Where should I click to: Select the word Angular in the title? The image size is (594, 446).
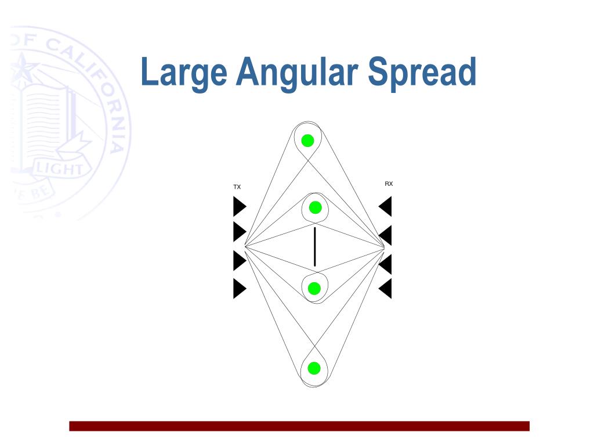pos(299,72)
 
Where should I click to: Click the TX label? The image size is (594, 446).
pos(237,187)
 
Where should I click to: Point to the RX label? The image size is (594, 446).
pos(389,184)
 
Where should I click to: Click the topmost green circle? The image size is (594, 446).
pos(307,140)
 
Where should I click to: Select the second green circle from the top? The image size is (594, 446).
pos(315,207)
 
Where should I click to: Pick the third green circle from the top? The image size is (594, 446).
pos(314,288)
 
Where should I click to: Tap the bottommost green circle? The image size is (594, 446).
pos(314,368)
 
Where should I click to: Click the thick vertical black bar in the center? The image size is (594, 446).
pos(314,247)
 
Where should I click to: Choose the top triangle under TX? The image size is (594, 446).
pos(238,206)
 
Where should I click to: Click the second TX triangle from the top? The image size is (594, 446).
pos(238,232)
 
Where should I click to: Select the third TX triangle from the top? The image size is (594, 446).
pos(238,260)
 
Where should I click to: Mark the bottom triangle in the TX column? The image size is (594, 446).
pos(238,289)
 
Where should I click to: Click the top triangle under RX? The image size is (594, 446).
pos(386,206)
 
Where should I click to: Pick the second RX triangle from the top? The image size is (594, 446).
pos(386,235)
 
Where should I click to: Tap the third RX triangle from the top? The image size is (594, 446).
pos(386,264)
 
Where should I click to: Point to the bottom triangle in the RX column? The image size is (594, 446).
pos(386,289)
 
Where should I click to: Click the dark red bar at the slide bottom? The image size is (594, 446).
pos(299,426)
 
